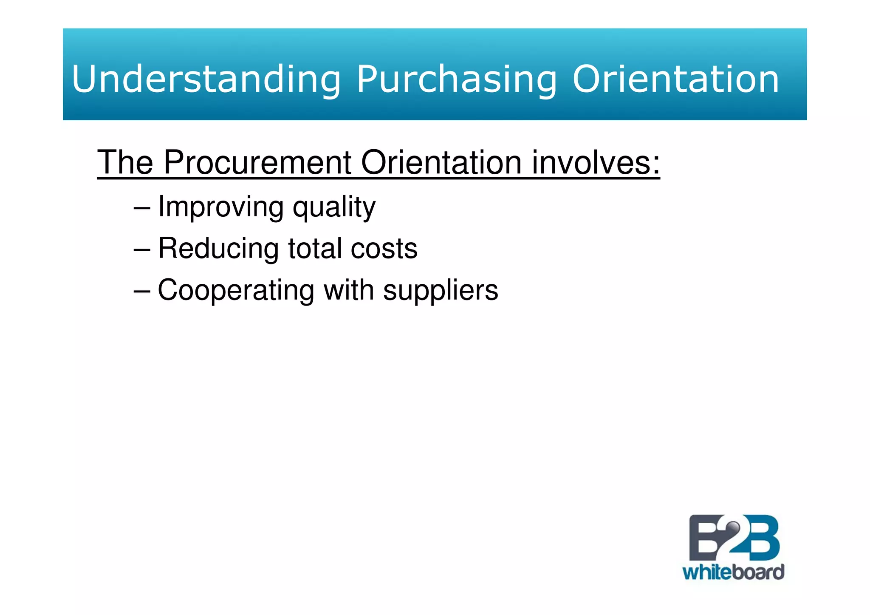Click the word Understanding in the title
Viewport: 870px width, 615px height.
(206, 79)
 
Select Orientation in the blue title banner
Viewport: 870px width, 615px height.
(675, 79)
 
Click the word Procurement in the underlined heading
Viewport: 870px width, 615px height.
(257, 162)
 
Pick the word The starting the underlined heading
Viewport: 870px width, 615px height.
(125, 162)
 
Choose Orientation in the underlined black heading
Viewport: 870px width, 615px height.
(441, 162)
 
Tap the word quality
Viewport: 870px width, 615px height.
(334, 207)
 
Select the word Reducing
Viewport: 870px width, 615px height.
(218, 248)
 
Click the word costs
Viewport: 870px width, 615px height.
(384, 248)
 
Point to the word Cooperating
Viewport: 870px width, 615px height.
(236, 290)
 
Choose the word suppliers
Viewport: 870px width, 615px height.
(440, 290)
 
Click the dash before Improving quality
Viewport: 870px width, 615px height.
(141, 208)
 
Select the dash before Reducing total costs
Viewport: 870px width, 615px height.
(141, 249)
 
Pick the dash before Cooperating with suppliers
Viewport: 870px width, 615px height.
(141, 291)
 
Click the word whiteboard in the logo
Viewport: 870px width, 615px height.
(733, 572)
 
